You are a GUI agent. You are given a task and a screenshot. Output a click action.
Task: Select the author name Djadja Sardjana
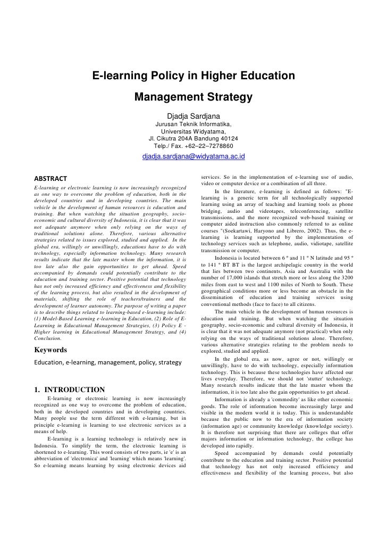coord(193,117)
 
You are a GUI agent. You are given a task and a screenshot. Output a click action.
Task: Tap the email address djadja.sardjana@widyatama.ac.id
coord(193,157)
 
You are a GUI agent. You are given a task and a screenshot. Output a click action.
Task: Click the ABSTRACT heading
coord(51,178)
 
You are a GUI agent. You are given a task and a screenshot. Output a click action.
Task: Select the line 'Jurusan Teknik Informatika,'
coord(193,125)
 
